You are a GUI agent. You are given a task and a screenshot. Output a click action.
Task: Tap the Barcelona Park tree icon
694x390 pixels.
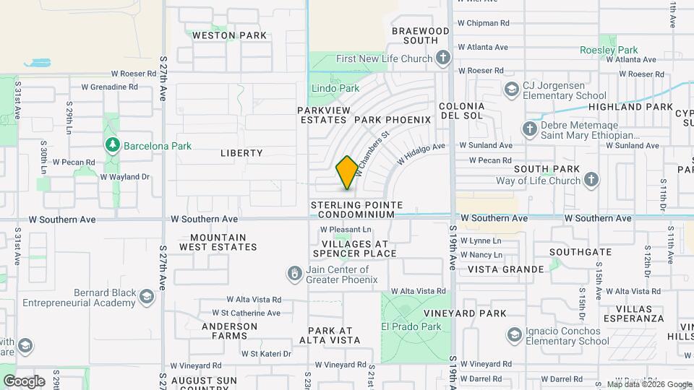pos(112,145)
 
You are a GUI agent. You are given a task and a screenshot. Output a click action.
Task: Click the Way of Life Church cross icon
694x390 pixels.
pos(591,180)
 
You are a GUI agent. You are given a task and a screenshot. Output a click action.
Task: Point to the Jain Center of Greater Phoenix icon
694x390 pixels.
pos(295,274)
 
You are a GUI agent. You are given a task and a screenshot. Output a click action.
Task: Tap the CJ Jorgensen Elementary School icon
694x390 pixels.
pos(511,90)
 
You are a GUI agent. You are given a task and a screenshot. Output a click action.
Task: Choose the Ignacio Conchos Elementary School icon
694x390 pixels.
pos(514,336)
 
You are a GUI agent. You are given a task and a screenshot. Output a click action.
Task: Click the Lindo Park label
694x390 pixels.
pos(335,88)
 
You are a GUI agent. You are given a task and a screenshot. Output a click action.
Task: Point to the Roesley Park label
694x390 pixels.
pos(609,50)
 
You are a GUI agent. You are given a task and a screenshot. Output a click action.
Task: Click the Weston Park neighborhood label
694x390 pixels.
pos(219,35)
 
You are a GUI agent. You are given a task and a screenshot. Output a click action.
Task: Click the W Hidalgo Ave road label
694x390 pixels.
pos(419,152)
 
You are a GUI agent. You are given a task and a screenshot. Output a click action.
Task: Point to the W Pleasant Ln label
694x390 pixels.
pos(346,230)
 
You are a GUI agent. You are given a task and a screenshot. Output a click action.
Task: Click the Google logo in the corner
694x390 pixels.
pos(23,381)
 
